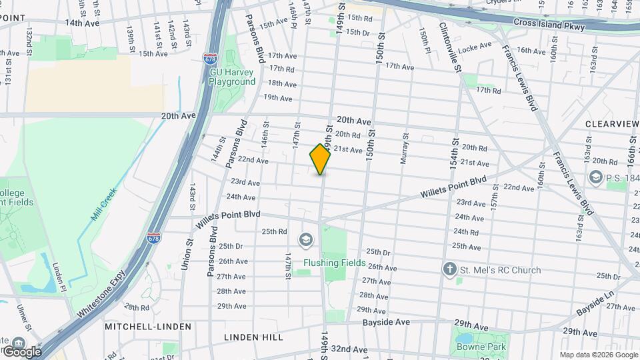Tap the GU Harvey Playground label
tap(232, 77)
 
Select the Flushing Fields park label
tap(335, 263)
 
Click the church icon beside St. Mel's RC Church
tap(451, 270)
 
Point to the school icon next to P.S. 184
tap(595, 177)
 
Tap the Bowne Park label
tap(481, 347)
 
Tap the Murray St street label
tap(405, 145)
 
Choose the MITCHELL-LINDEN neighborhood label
tap(148, 327)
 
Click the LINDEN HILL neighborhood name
tap(253, 337)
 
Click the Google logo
tap(21, 351)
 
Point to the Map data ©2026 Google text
tap(598, 355)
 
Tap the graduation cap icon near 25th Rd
tap(305, 239)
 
